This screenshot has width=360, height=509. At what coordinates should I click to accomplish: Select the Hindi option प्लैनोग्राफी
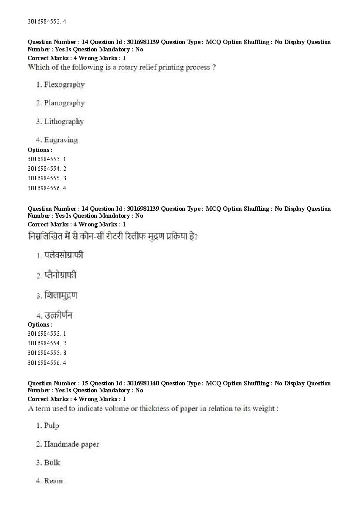(x=61, y=275)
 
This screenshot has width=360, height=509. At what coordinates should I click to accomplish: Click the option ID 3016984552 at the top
(x=43, y=21)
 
